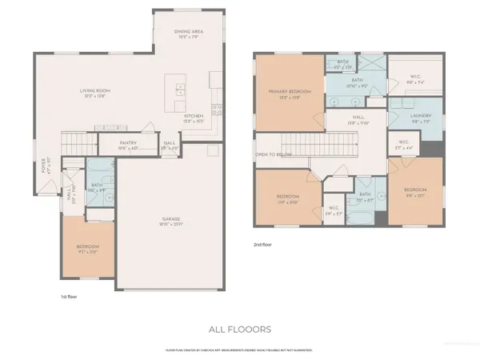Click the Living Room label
coord(94,90)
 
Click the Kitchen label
coord(194,117)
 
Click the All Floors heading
coord(240,329)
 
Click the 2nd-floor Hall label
coord(356,118)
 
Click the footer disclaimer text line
coord(240,350)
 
